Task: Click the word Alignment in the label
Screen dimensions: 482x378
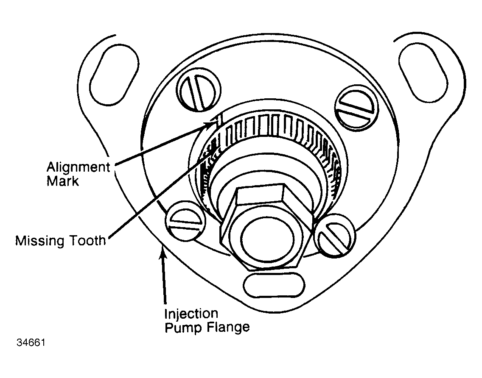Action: click(78, 168)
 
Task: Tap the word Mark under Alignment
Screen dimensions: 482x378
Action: click(63, 181)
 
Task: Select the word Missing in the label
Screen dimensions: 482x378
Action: click(39, 241)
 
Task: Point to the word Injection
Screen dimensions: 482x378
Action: click(191, 314)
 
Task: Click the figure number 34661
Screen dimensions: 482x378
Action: click(31, 342)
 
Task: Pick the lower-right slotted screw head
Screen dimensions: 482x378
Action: click(335, 235)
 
